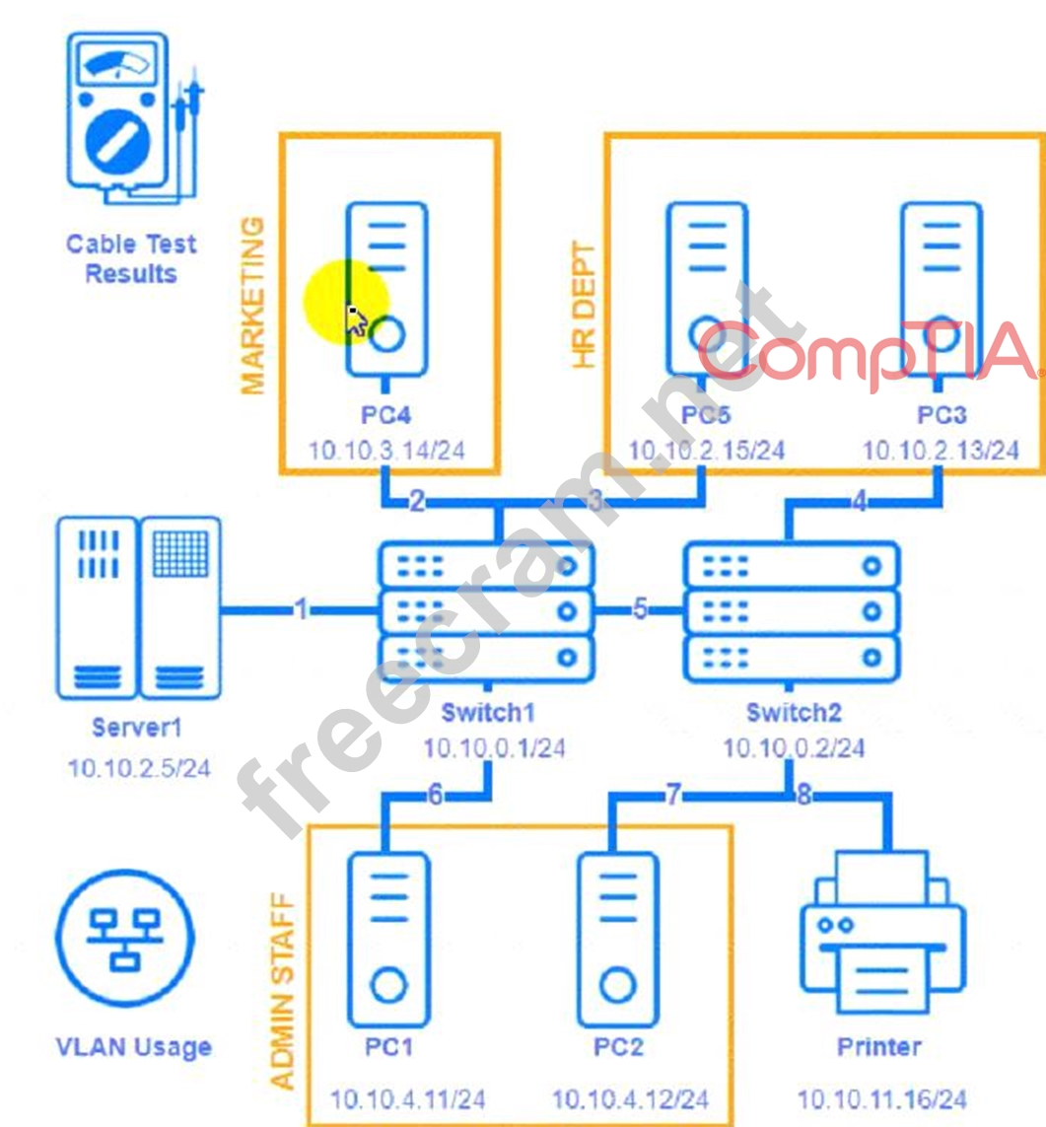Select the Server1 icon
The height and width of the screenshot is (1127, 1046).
(x=138, y=609)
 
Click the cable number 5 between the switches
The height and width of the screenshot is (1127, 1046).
(x=641, y=610)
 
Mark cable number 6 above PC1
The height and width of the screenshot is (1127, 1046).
(x=435, y=796)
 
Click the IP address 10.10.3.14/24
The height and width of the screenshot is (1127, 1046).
(x=386, y=452)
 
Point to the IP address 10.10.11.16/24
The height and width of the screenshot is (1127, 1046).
(x=880, y=1098)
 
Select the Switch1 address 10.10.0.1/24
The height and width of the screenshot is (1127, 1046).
(x=494, y=748)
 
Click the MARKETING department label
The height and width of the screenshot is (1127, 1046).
(x=254, y=306)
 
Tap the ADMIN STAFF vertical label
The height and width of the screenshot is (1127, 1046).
(x=283, y=990)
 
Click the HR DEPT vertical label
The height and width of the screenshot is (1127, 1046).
(x=586, y=306)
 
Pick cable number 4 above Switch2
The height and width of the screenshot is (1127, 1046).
(x=860, y=502)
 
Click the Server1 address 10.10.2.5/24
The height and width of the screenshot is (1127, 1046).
(x=139, y=768)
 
